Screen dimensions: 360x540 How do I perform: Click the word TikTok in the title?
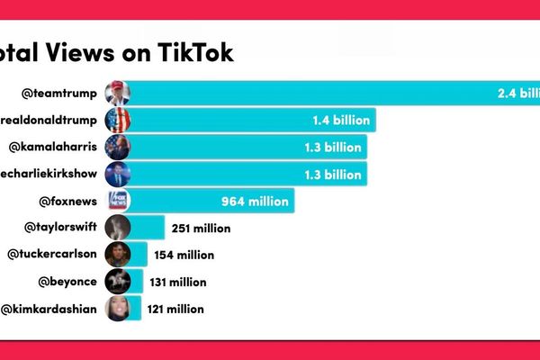pos(192,52)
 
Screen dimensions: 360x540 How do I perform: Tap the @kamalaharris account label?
pos(55,147)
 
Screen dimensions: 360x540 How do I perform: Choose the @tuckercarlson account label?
pos(52,255)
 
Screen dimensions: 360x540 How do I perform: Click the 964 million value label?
pos(255,201)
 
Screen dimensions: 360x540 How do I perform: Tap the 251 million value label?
pos(201,229)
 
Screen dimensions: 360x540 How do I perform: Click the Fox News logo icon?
pos(118,201)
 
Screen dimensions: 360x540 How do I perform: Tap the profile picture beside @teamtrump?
pos(118,93)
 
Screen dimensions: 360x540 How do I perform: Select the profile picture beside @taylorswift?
pos(118,228)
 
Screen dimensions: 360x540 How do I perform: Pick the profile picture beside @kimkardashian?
pos(118,309)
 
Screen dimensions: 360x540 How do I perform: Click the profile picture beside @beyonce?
pos(118,282)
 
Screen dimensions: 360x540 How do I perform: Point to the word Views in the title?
pos(96,52)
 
